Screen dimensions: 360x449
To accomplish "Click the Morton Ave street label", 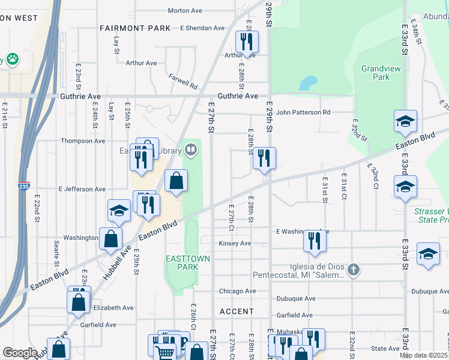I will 185,11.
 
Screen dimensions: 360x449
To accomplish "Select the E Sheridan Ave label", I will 202,28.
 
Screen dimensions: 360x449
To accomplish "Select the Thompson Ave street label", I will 83,141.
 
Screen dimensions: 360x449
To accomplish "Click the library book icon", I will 191,149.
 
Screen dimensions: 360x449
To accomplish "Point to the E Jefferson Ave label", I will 82,189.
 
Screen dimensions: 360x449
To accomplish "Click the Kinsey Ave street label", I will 235,244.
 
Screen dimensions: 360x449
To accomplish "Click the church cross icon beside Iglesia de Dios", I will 354,269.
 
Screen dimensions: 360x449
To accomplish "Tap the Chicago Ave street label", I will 237,291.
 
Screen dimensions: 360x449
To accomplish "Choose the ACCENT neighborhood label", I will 237,311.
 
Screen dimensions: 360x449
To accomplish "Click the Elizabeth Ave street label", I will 113,307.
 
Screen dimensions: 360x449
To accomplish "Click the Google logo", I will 20,353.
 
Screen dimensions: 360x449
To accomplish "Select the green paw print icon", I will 11,59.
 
